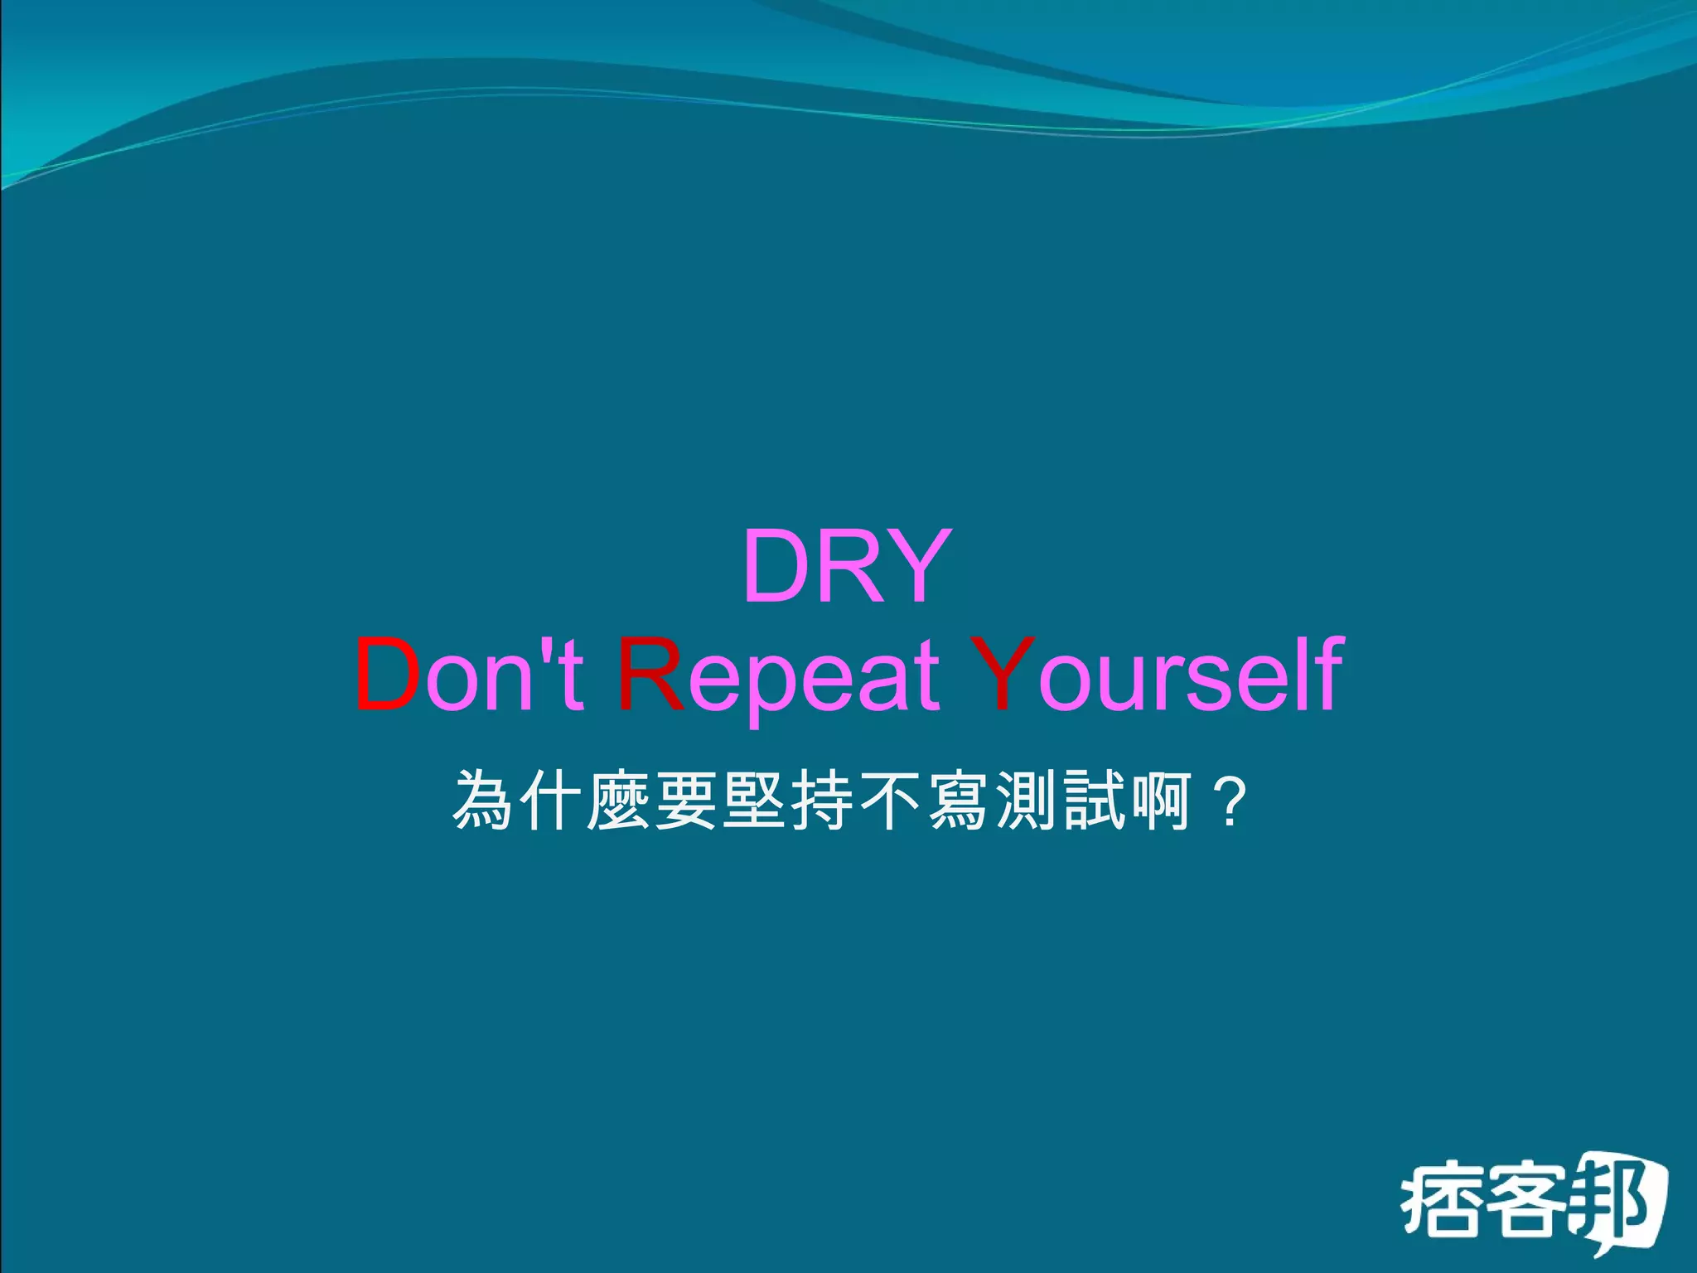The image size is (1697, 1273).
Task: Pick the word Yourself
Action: point(1156,675)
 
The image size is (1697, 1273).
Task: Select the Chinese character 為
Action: point(483,801)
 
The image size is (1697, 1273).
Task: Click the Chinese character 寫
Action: point(960,801)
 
